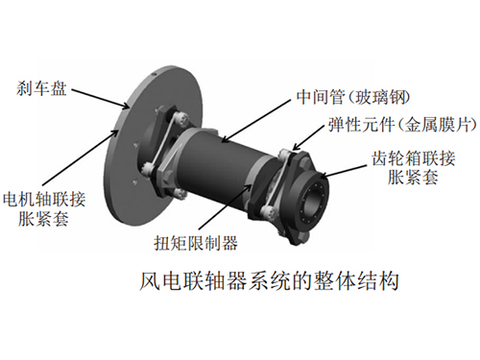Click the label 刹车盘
(x=41, y=87)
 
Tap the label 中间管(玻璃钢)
(x=353, y=96)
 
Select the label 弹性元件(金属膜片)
(x=402, y=124)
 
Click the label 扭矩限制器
(x=196, y=243)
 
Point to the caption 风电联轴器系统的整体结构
(x=269, y=281)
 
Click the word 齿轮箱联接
(x=414, y=158)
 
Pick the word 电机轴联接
(x=44, y=199)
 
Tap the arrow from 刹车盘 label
(x=101, y=99)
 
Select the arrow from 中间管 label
(x=256, y=120)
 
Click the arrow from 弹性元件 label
(x=308, y=137)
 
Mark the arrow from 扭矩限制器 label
(x=224, y=207)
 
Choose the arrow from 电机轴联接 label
(x=80, y=157)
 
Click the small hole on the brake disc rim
(x=154, y=76)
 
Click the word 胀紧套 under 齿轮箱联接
(x=413, y=177)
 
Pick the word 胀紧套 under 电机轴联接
(x=43, y=219)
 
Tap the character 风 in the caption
(x=150, y=281)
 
